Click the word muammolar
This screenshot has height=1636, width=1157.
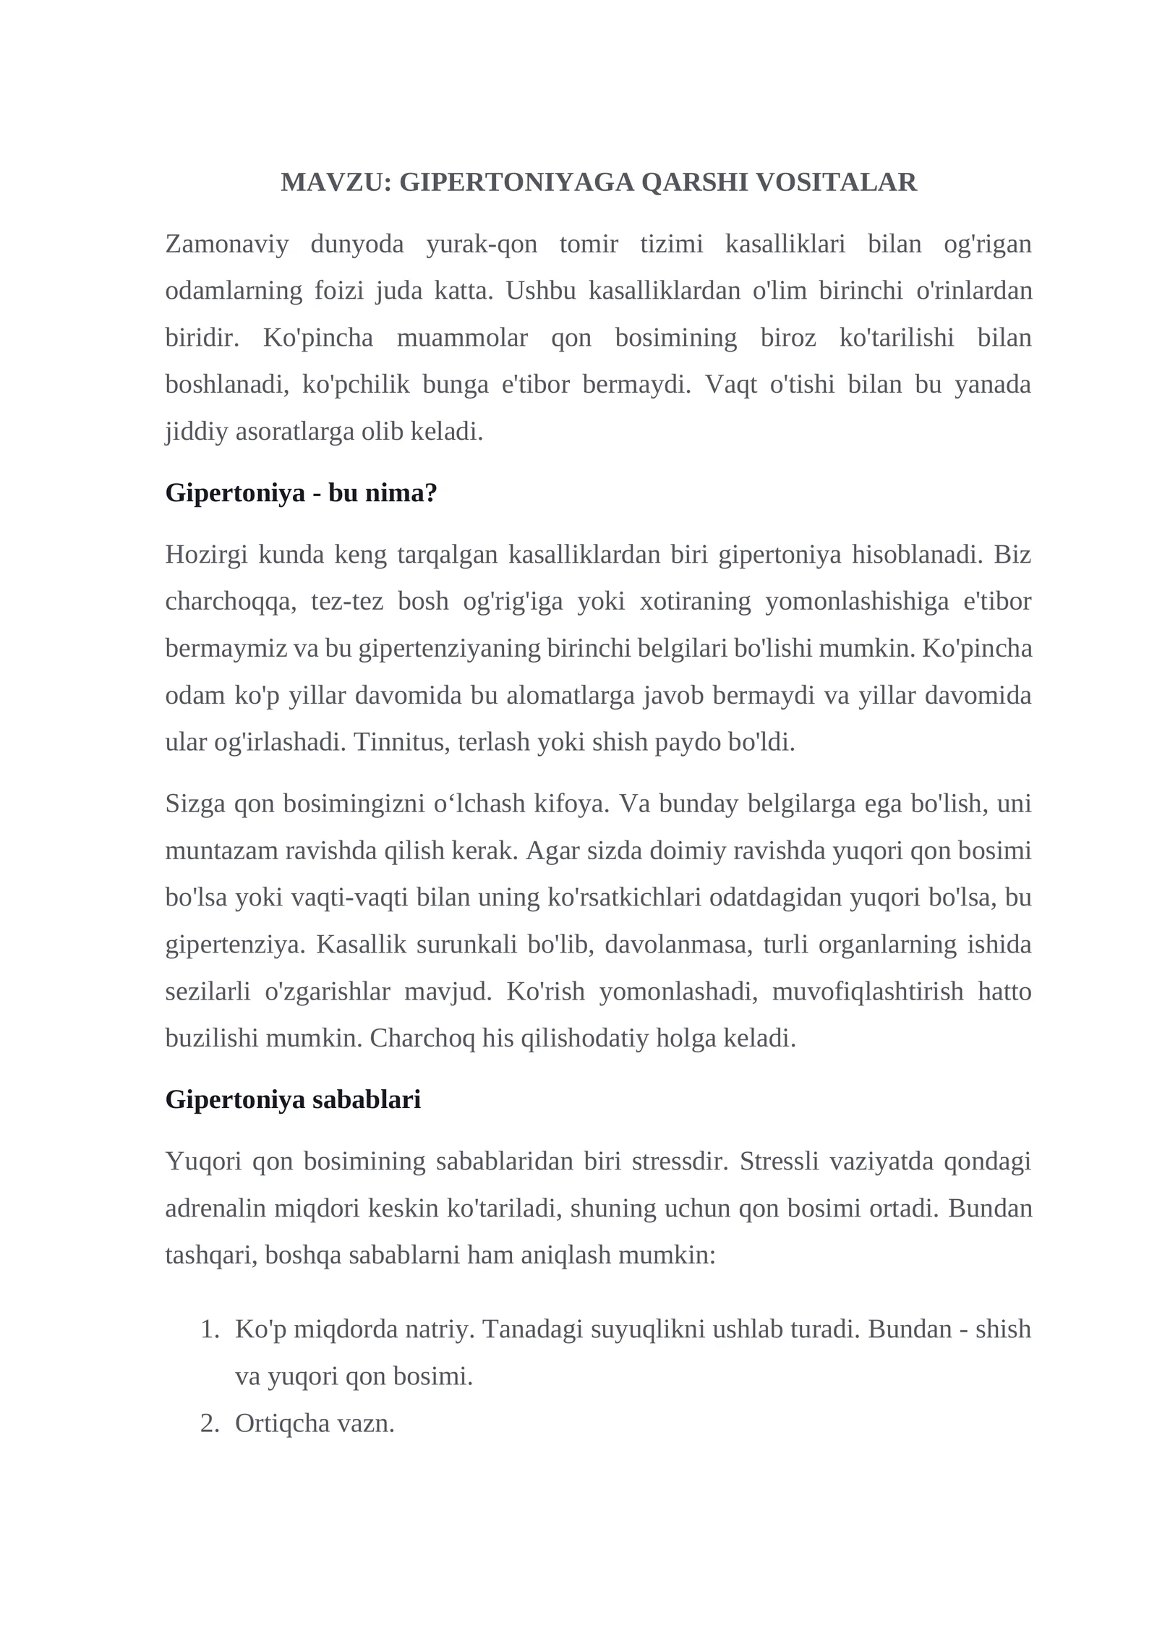pos(462,338)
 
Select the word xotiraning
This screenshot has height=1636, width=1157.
pos(695,602)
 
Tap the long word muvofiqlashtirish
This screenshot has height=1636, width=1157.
pos(868,991)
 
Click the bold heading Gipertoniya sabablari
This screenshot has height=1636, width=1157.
pos(293,1099)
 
